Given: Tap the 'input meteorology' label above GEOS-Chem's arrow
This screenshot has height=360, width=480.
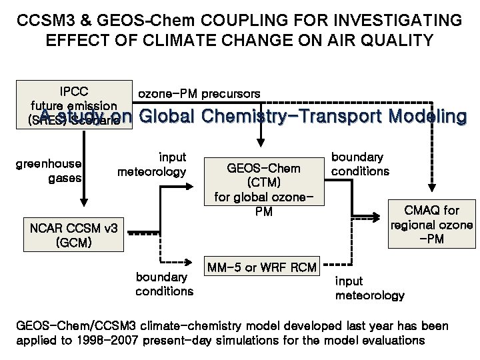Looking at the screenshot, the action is pyautogui.click(x=151, y=164).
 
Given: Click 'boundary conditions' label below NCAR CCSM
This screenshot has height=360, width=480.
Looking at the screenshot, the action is pyautogui.click(x=164, y=283).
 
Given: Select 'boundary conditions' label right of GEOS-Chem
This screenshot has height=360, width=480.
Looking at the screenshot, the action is pyautogui.click(x=361, y=164).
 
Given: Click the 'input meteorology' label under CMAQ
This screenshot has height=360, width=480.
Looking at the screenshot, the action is pyautogui.click(x=369, y=288).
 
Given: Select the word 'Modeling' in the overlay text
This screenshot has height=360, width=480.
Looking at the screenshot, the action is pyautogui.click(x=425, y=117).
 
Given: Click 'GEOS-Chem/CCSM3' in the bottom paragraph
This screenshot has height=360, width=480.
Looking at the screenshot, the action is pyautogui.click(x=70, y=327).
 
